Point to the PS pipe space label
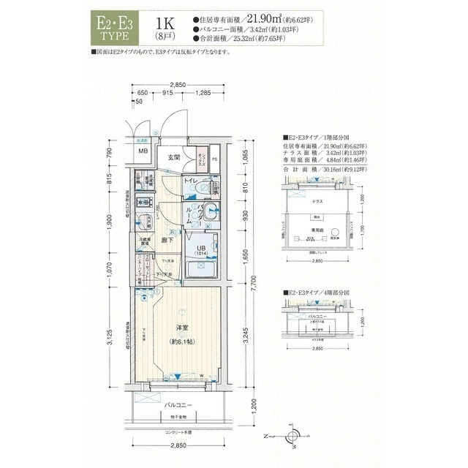214,158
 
